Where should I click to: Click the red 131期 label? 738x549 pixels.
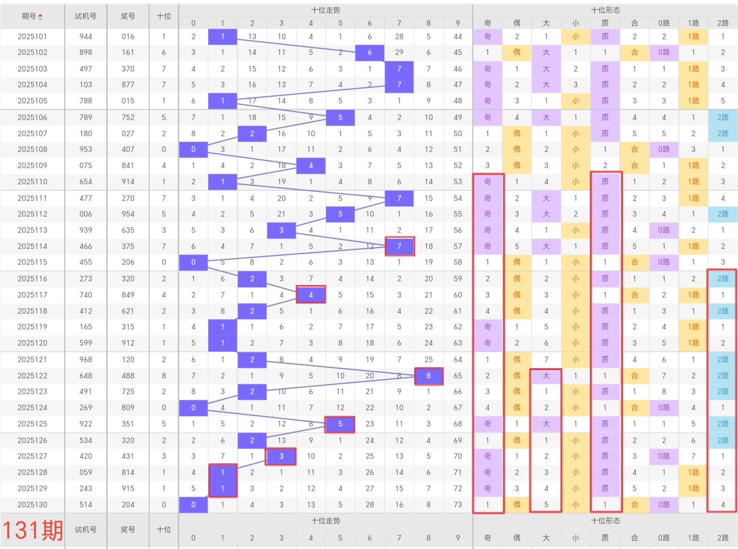click(33, 530)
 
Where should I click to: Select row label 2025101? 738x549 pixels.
click(32, 37)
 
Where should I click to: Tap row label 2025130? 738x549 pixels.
click(32, 505)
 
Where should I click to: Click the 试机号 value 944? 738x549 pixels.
click(85, 37)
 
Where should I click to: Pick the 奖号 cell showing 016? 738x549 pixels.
click(128, 37)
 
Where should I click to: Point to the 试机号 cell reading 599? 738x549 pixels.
click(85, 343)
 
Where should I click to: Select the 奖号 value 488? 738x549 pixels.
click(128, 376)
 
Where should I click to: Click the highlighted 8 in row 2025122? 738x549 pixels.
click(429, 376)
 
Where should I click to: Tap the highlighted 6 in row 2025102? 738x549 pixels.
click(369, 52)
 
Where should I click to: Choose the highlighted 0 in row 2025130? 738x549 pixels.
click(193, 505)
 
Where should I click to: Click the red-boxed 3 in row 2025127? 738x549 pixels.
click(281, 456)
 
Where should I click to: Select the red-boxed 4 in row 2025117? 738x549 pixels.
click(311, 295)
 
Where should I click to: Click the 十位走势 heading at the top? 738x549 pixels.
click(326, 10)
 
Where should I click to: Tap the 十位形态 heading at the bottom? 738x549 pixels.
click(605, 521)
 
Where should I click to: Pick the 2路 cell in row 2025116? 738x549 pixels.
click(723, 279)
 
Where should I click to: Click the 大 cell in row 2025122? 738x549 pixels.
click(546, 376)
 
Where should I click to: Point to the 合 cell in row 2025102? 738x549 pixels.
click(635, 52)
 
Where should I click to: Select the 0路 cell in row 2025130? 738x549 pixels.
click(664, 505)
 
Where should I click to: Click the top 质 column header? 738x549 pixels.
click(605, 23)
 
